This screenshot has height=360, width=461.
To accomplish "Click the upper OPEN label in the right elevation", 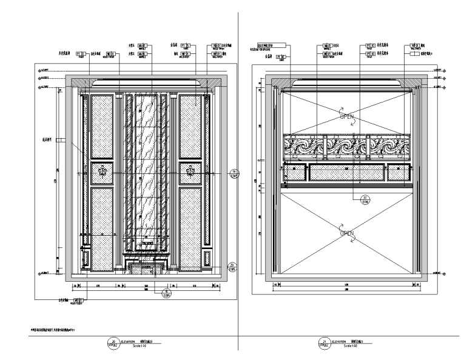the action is [346, 115].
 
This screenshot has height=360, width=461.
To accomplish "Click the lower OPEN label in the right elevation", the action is [346, 233].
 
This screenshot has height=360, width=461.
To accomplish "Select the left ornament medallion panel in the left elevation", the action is [102, 172].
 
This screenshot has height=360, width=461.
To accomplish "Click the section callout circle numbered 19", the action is [234, 176].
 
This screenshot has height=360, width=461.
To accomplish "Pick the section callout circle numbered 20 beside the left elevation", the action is [232, 265].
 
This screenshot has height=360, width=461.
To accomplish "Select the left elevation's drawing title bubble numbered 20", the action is [111, 344].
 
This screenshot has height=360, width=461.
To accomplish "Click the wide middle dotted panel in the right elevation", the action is [346, 173].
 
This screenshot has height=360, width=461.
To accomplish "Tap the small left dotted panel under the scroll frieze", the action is [295, 173].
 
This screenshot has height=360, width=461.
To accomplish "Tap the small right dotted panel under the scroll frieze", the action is [398, 173].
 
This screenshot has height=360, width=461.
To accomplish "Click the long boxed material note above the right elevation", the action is [271, 45].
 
